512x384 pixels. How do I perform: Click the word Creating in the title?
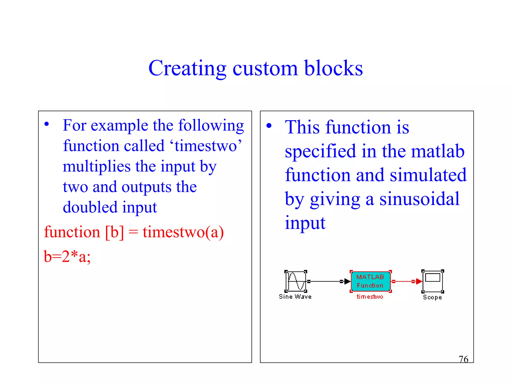(x=187, y=68)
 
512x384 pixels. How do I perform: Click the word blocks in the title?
(x=333, y=68)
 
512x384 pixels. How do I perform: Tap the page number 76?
(x=463, y=359)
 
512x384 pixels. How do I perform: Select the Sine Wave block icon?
(x=296, y=281)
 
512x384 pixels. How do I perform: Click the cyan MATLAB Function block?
(x=370, y=281)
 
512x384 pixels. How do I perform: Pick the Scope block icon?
(x=432, y=281)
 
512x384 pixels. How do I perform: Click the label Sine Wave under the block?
(x=295, y=297)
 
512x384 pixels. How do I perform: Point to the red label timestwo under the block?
(x=370, y=297)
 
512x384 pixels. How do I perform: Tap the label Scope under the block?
(x=432, y=297)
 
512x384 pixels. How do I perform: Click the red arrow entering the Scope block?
(x=418, y=281)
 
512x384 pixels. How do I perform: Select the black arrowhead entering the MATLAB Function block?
(x=347, y=281)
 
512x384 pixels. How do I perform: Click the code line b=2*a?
(x=67, y=257)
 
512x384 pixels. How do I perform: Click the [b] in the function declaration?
(x=114, y=232)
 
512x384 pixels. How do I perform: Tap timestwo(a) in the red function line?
(x=183, y=232)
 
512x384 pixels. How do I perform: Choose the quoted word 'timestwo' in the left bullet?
(x=205, y=146)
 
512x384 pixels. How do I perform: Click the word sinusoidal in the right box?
(x=419, y=199)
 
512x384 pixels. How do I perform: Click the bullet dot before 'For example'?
(x=46, y=124)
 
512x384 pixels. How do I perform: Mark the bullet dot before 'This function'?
(x=269, y=125)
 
